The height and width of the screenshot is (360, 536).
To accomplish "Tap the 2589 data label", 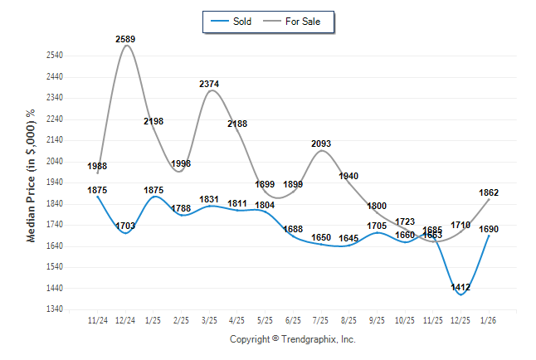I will pos(126,39).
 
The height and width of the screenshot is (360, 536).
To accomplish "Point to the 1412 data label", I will pos(461,288).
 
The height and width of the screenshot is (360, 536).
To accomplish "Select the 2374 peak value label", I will pos(210,84).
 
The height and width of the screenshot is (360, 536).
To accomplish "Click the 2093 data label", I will pos(321,144).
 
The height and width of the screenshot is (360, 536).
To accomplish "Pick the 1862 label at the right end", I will pos(489,192).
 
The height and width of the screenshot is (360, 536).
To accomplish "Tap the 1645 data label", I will pos(349,239).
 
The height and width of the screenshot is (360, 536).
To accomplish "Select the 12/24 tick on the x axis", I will pos(126,319).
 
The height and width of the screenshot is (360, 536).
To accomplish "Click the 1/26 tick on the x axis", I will pos(489,319).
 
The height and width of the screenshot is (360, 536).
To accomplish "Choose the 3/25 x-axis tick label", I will pos(210,319).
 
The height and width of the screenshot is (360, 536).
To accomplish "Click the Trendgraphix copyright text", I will pos(292,340).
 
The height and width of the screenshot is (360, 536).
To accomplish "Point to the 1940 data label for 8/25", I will pos(349,176).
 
